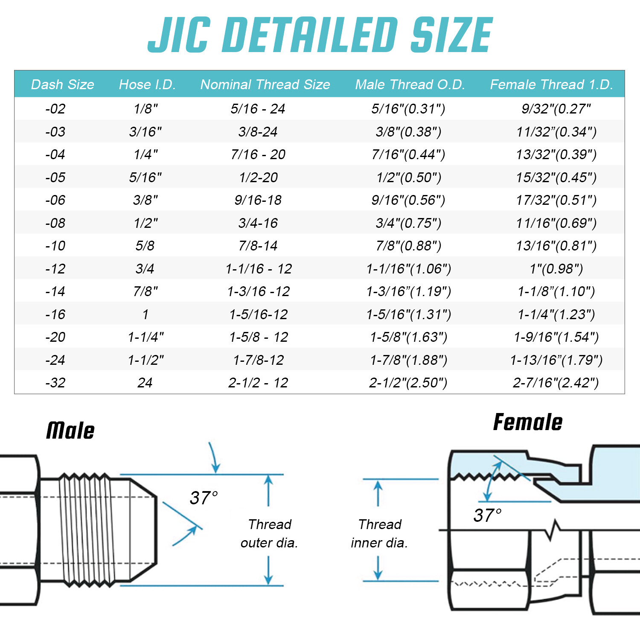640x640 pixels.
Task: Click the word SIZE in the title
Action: pyautogui.click(x=451, y=35)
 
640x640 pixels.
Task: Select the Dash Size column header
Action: pyautogui.click(x=62, y=84)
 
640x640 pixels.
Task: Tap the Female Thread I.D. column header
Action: pyautogui.click(x=551, y=84)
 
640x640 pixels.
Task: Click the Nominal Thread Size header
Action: pyautogui.click(x=265, y=84)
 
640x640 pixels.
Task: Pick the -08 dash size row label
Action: pyautogui.click(x=55, y=223)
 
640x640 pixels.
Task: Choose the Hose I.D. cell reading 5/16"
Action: pyautogui.click(x=145, y=177)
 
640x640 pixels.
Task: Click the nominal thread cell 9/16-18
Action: pyautogui.click(x=258, y=200)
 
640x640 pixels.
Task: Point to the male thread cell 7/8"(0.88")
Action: pyautogui.click(x=408, y=246)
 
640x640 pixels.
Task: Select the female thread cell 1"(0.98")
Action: pyautogui.click(x=556, y=269)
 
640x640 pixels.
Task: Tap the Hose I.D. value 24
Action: pyautogui.click(x=145, y=383)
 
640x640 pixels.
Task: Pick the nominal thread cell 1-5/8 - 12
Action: pyautogui.click(x=259, y=337)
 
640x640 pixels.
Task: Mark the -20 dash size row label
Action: pyautogui.click(x=55, y=337)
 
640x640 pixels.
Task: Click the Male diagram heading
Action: pyautogui.click(x=70, y=430)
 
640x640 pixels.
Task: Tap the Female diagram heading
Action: pyautogui.click(x=528, y=422)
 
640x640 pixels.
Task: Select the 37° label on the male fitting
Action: pyautogui.click(x=204, y=498)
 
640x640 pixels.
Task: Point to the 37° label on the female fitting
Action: pyautogui.click(x=487, y=515)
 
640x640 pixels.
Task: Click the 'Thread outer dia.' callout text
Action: pyautogui.click(x=269, y=533)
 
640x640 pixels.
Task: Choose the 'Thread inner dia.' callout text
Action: pyautogui.click(x=379, y=533)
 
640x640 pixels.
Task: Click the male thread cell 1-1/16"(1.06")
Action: pyautogui.click(x=408, y=269)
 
